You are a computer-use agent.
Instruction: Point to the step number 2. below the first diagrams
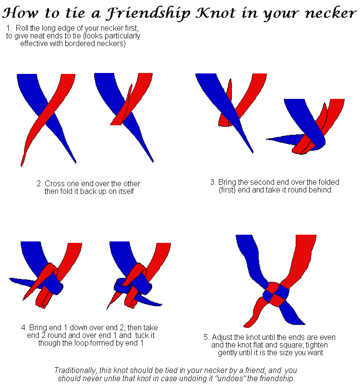coord(40,184)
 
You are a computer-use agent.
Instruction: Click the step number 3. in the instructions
coord(214,182)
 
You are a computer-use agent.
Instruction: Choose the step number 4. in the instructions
coord(24,328)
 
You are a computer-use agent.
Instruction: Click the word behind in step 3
coord(321,190)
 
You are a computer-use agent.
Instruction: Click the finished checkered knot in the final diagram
coord(275,293)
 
